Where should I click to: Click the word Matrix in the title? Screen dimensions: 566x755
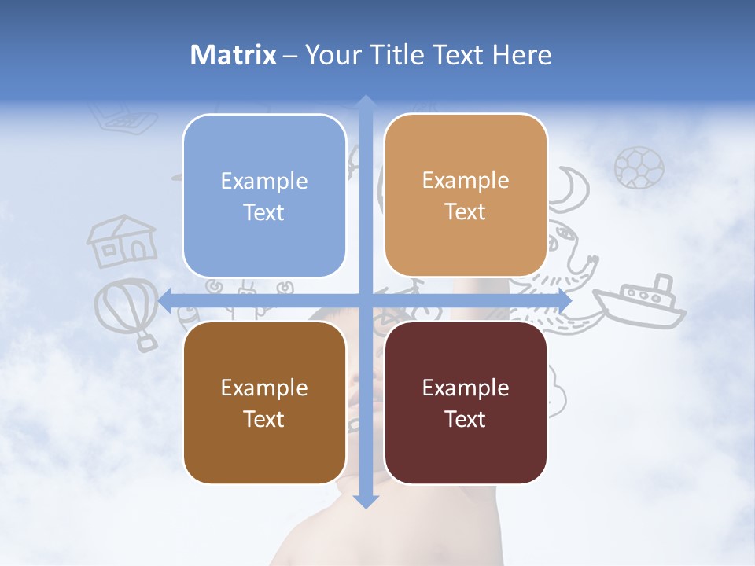(234, 55)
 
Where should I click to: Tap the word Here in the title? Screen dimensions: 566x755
(521, 55)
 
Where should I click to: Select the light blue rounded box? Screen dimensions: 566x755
(264, 196)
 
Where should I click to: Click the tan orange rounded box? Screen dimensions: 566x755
(466, 196)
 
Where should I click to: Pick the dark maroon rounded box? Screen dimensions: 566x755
(466, 402)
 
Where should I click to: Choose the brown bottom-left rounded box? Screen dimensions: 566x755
(264, 402)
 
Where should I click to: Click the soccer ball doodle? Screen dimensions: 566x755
(639, 167)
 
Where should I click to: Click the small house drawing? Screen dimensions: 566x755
(121, 242)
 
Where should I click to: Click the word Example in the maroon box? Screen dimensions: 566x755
(466, 388)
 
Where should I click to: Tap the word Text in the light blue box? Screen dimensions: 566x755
(264, 212)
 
